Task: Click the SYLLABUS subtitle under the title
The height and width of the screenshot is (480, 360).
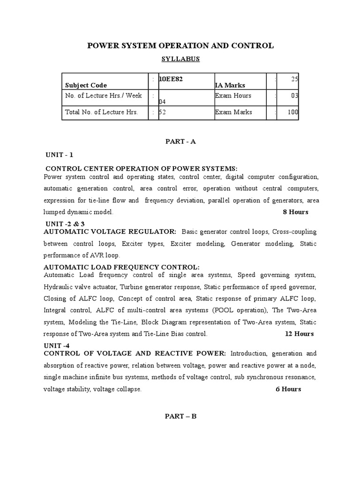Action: pyautogui.click(x=180, y=59)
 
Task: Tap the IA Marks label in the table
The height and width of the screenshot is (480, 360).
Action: pyautogui.click(x=230, y=85)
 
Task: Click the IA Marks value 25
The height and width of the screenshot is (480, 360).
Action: pyautogui.click(x=294, y=79)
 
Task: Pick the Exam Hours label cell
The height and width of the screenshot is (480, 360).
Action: pyautogui.click(x=233, y=96)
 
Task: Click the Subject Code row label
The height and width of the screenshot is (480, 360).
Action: pyautogui.click(x=86, y=85)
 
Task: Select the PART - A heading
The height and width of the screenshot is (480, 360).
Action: pyautogui.click(x=180, y=142)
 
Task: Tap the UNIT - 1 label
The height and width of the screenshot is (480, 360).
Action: pyautogui.click(x=60, y=155)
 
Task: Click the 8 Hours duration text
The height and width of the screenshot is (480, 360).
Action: pyautogui.click(x=295, y=212)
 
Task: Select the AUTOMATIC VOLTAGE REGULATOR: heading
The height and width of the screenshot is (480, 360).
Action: pyautogui.click(x=110, y=232)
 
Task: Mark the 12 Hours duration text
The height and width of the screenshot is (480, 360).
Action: pyautogui.click(x=299, y=334)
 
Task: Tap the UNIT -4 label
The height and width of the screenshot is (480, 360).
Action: pyautogui.click(x=56, y=345)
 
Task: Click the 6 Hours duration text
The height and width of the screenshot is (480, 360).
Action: pyautogui.click(x=288, y=389)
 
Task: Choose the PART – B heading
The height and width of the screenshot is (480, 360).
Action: pyautogui.click(x=180, y=416)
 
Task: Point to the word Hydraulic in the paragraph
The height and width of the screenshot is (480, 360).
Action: pyautogui.click(x=58, y=286)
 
